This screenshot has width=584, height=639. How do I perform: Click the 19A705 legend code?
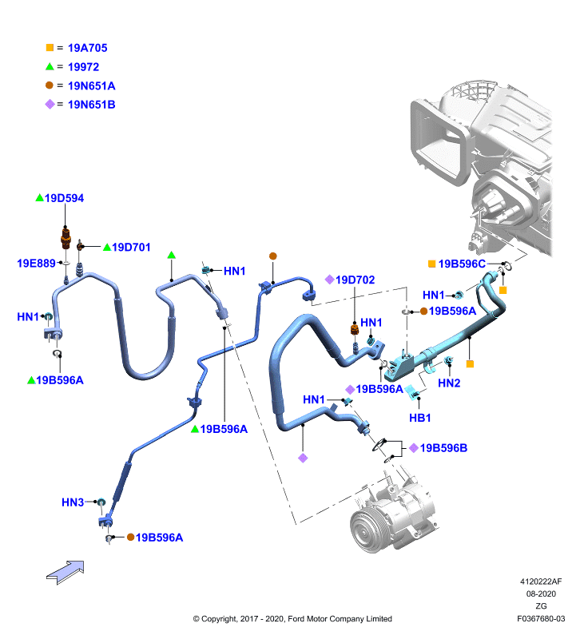[87, 48]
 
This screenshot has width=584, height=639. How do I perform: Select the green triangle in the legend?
[50, 66]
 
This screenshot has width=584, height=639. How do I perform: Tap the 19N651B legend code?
[91, 105]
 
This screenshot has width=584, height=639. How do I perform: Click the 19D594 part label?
[64, 198]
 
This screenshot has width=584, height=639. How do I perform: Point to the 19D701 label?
[131, 248]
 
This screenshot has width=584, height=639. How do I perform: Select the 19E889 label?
[36, 264]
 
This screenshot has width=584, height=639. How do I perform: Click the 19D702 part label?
[355, 280]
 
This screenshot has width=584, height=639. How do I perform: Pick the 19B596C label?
[462, 264]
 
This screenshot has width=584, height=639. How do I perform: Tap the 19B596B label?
[443, 448]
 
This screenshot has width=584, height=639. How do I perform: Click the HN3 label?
[73, 502]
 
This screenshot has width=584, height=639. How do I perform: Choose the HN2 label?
[449, 383]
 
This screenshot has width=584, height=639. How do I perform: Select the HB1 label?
[419, 418]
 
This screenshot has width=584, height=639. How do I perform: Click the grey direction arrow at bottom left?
[66, 572]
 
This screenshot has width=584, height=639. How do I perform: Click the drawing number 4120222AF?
[541, 581]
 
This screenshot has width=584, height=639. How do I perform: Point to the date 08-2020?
[541, 593]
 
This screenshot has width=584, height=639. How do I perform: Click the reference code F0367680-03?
[541, 618]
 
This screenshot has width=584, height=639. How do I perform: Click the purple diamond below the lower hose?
[303, 458]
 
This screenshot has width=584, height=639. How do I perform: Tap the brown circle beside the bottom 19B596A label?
[130, 537]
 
